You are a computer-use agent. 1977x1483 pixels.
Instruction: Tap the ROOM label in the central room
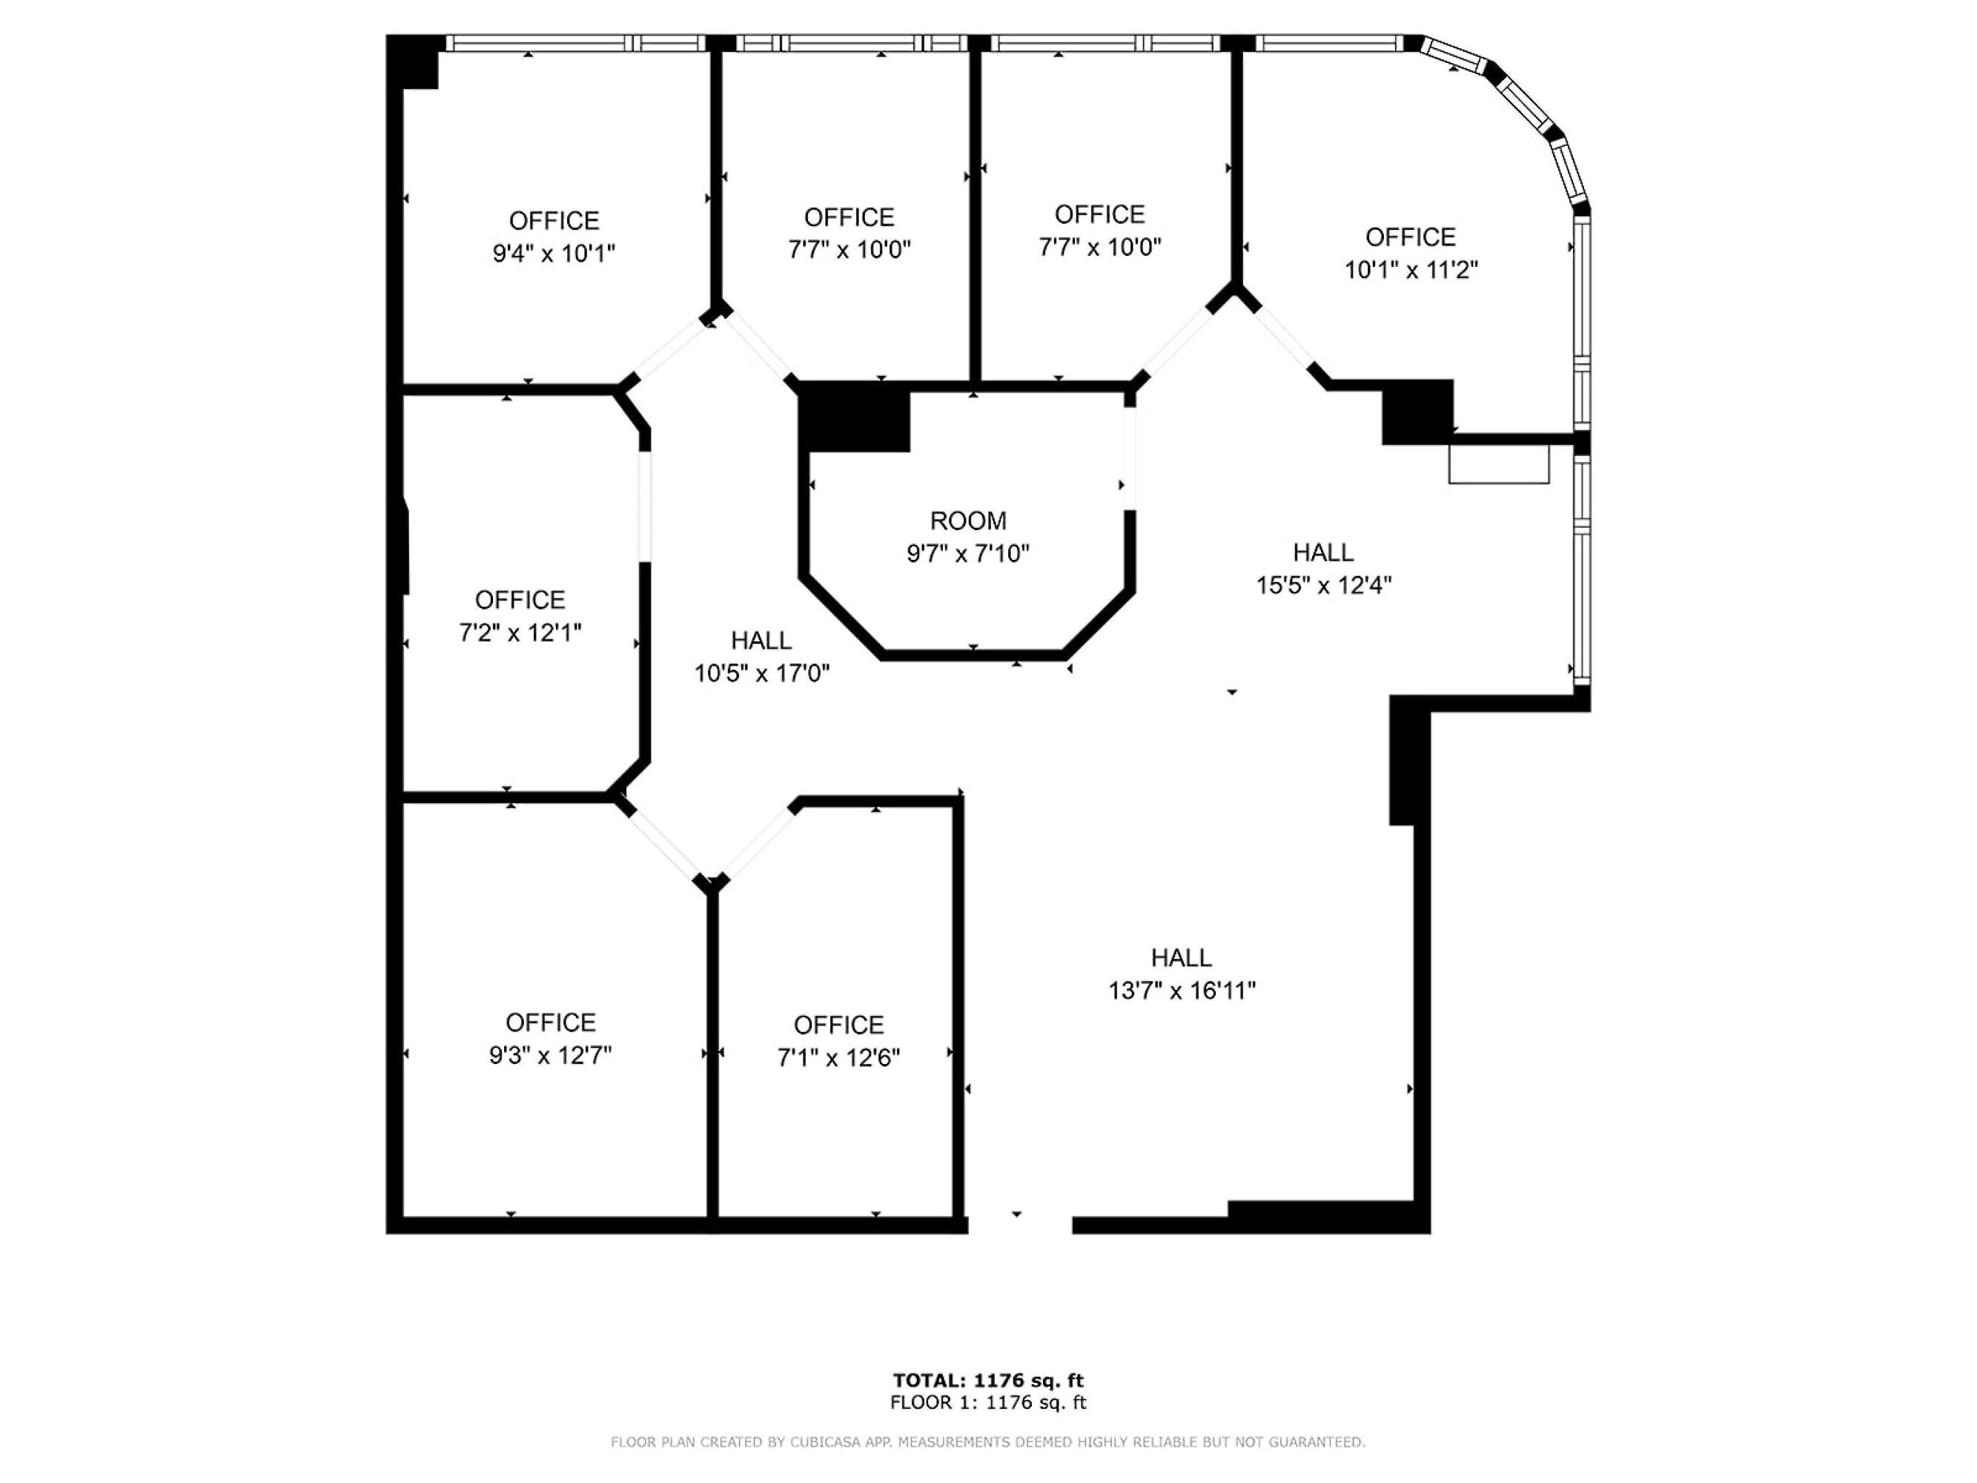pyautogui.click(x=968, y=521)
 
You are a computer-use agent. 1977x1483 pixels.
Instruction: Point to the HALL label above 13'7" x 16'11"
pyautogui.click(x=1181, y=957)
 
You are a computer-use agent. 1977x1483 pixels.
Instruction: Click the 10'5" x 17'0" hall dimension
pyautogui.click(x=761, y=673)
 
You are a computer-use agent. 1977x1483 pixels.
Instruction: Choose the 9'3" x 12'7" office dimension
pyautogui.click(x=550, y=1056)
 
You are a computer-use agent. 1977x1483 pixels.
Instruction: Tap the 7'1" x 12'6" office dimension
pyautogui.click(x=838, y=1058)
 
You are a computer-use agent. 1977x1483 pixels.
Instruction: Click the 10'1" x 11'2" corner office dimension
pyautogui.click(x=1411, y=270)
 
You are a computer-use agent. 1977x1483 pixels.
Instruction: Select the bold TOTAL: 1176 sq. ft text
pyautogui.click(x=987, y=1381)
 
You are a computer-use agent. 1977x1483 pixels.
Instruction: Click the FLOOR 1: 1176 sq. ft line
pyautogui.click(x=987, y=1403)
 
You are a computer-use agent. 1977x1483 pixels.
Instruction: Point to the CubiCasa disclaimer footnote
pyautogui.click(x=987, y=1442)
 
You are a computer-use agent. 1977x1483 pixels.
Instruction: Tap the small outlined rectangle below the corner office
pyautogui.click(x=1498, y=465)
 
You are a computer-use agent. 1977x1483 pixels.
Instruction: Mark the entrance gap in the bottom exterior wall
pyautogui.click(x=1019, y=1226)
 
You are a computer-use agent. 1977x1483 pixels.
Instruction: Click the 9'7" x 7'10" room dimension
pyautogui.click(x=968, y=554)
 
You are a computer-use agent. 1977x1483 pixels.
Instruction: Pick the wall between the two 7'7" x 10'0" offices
pyautogui.click(x=975, y=214)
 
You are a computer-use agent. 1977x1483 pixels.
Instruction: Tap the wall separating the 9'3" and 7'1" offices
pyautogui.click(x=712, y=1055)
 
